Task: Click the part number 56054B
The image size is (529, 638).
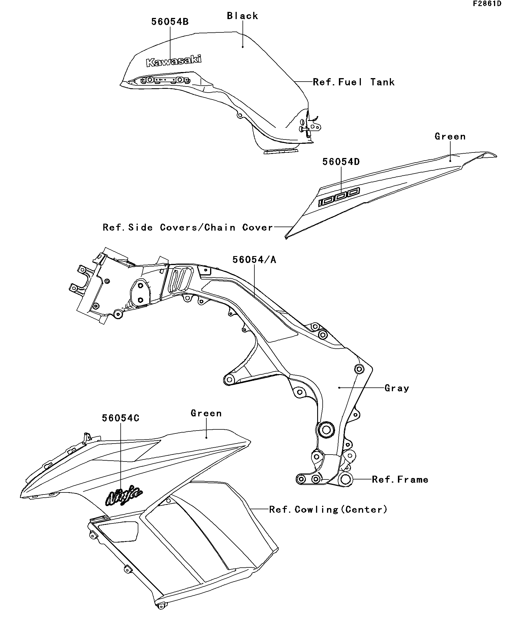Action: (x=170, y=22)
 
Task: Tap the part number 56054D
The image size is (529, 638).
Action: (x=341, y=162)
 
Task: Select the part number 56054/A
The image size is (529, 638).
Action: (x=254, y=260)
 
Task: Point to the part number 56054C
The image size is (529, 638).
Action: (x=121, y=418)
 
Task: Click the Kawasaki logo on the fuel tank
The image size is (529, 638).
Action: (x=174, y=61)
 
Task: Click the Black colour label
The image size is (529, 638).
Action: (x=243, y=16)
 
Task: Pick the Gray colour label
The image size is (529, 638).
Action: (x=397, y=388)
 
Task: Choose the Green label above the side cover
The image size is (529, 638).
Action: (x=450, y=136)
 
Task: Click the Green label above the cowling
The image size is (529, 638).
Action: (x=206, y=413)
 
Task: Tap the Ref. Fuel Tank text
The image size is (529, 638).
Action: (x=354, y=82)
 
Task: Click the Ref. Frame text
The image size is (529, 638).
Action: (x=400, y=479)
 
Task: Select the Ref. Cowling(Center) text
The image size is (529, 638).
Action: (x=328, y=510)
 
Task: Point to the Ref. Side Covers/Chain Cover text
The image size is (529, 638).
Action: (x=188, y=227)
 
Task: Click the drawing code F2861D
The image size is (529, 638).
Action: (x=487, y=4)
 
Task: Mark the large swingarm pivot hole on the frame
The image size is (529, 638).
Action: (x=326, y=430)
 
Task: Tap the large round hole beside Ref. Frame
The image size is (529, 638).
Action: (x=346, y=479)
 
